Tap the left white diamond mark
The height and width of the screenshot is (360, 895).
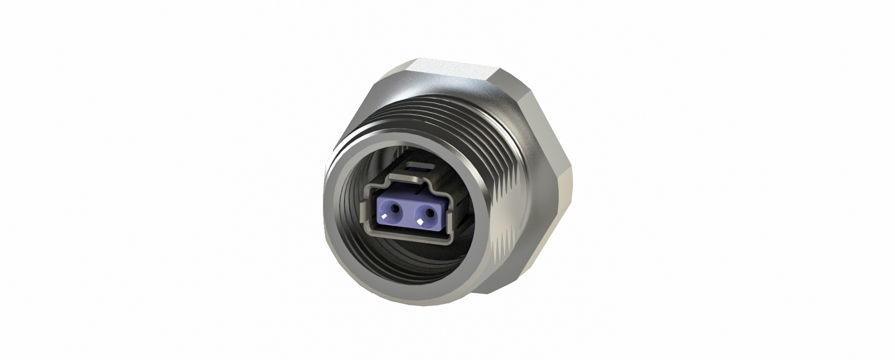[x=384, y=218]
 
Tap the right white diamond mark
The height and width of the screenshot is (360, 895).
[x=418, y=221]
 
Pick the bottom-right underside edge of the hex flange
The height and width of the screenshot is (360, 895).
[x=518, y=280]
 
